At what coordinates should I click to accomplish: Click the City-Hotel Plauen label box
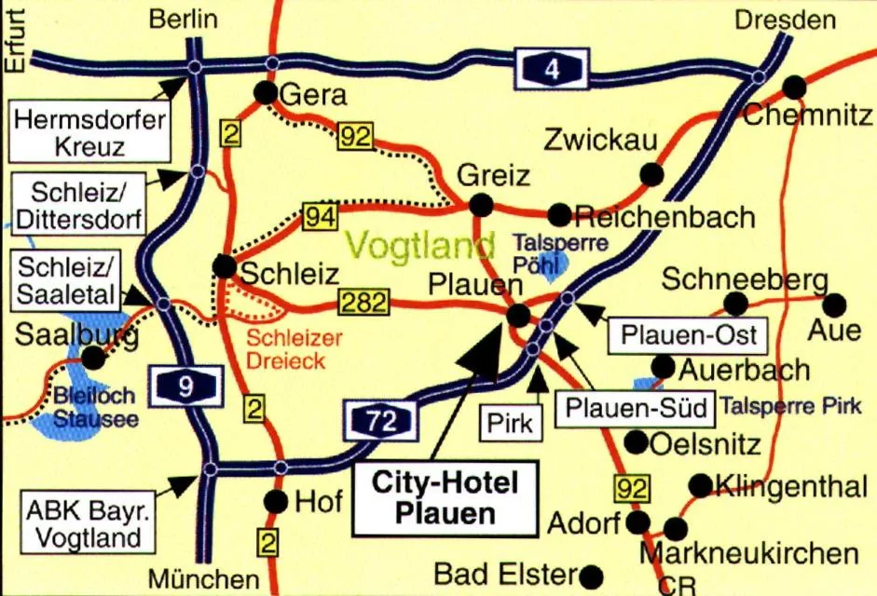[x=444, y=497]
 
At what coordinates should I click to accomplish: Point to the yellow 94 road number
[x=319, y=218]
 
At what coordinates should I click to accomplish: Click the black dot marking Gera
[x=266, y=92]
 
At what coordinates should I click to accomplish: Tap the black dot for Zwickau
[x=651, y=173]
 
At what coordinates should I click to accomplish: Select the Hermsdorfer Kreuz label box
[x=91, y=132]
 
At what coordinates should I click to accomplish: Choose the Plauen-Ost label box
[x=689, y=335]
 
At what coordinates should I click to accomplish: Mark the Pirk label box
[x=511, y=424]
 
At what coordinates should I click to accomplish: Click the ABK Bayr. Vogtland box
[x=84, y=523]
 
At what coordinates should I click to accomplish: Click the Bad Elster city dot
[x=591, y=574]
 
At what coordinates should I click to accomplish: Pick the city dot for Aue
[x=834, y=304]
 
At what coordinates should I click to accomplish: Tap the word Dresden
[x=786, y=20]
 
